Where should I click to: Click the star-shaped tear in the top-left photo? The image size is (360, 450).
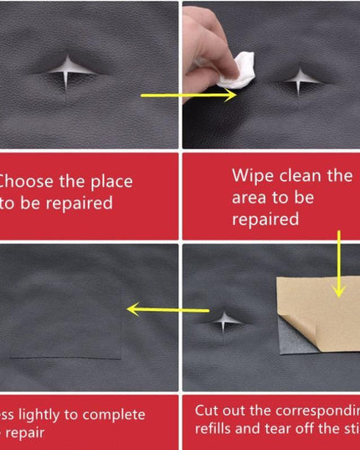tap(67, 72)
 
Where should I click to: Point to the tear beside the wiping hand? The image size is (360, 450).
tap(299, 81)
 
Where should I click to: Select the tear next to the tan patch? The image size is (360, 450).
tap(224, 321)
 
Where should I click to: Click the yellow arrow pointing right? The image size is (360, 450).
tap(188, 96)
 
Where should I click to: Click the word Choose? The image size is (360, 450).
tap(24, 181)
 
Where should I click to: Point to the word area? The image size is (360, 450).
tap(251, 198)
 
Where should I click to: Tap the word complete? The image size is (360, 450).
tap(114, 415)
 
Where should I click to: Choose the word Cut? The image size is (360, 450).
tap(208, 411)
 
